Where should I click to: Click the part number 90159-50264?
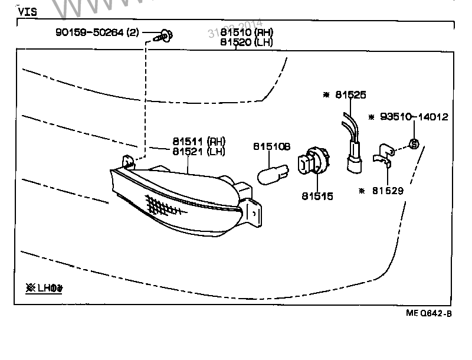pyautogui.click(x=97, y=33)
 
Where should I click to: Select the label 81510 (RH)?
pyautogui.click(x=247, y=32)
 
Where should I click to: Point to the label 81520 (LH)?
pyautogui.click(x=247, y=42)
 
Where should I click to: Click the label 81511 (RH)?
pyautogui.click(x=199, y=142)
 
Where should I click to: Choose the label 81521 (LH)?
pyautogui.click(x=199, y=152)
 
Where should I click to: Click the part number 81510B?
pyautogui.click(x=272, y=146)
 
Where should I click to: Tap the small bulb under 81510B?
pyautogui.click(x=273, y=174)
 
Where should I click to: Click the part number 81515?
pyautogui.click(x=317, y=196)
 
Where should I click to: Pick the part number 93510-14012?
pyautogui.click(x=412, y=117)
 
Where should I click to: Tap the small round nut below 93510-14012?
pyautogui.click(x=414, y=143)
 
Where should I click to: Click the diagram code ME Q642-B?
pyautogui.click(x=428, y=313)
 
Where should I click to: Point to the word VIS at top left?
pyautogui.click(x=28, y=11)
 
